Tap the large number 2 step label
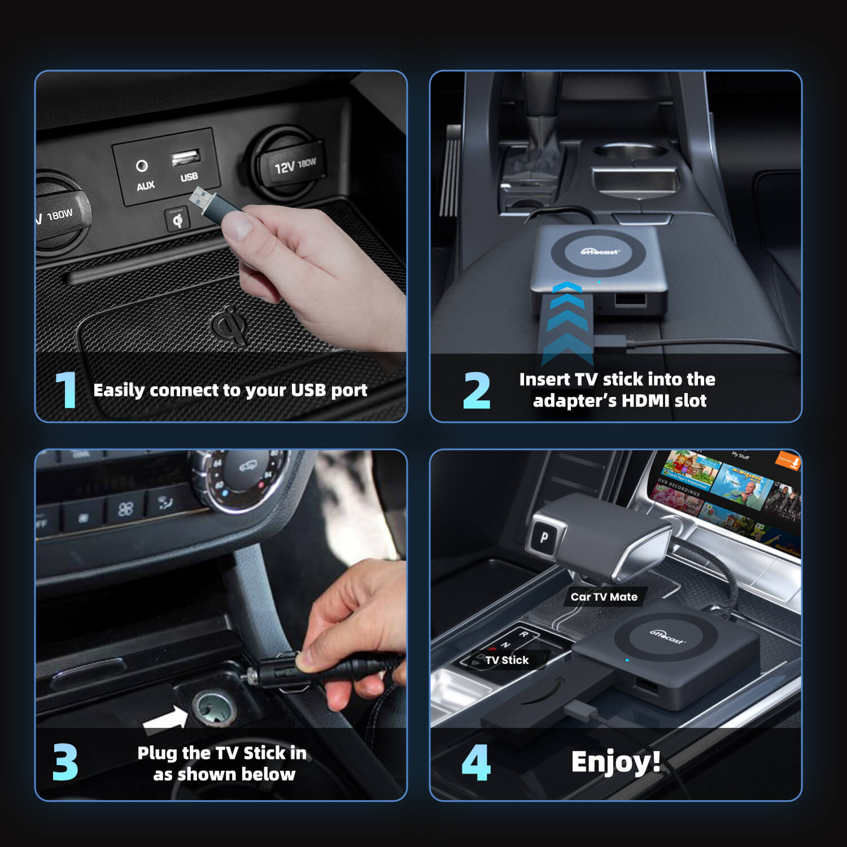(x=477, y=390)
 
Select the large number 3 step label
(x=66, y=762)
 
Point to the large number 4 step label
(x=476, y=762)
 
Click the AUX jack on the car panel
(x=142, y=165)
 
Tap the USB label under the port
(x=189, y=177)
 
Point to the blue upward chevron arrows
(x=567, y=322)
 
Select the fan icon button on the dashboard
(x=125, y=509)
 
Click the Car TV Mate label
(x=604, y=597)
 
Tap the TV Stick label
(x=507, y=660)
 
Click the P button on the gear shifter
(x=544, y=537)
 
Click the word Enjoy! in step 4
(x=615, y=762)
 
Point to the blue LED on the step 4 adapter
(x=627, y=660)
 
